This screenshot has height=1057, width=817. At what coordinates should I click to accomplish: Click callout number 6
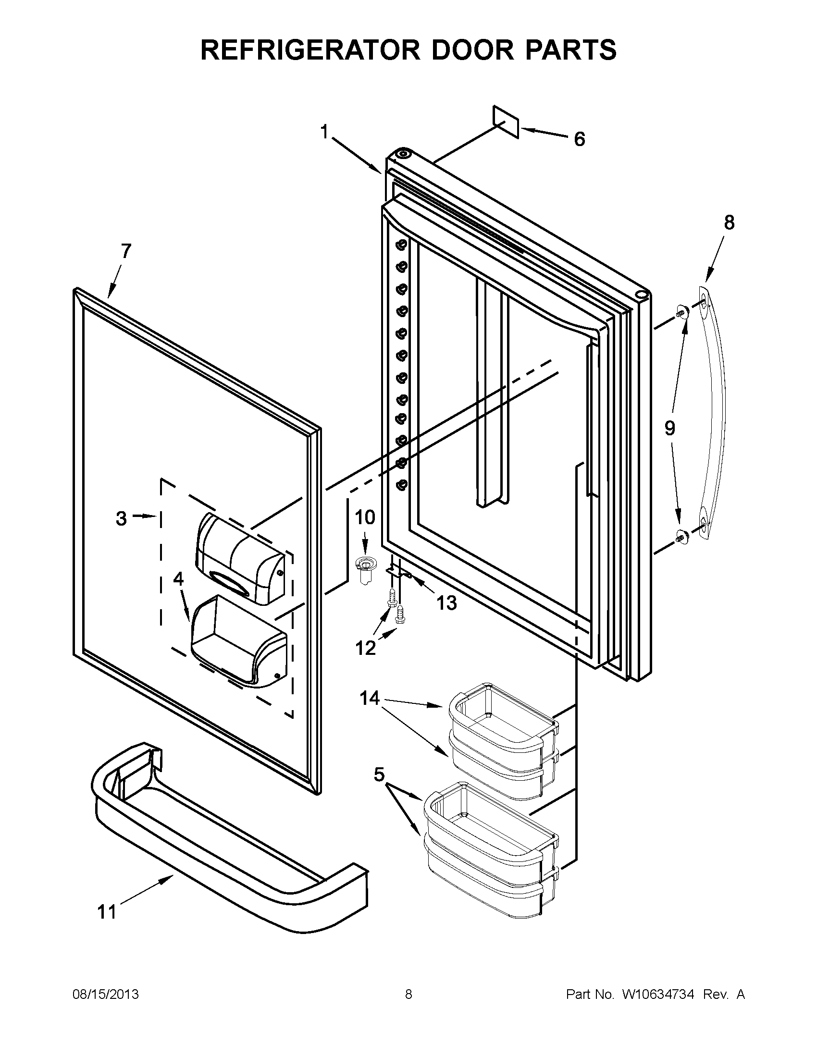coord(580,139)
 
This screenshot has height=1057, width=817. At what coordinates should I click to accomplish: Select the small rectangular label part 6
coord(506,122)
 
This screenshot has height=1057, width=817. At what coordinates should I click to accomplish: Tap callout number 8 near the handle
coord(729,222)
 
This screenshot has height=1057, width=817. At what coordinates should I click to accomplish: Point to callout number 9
coord(669,428)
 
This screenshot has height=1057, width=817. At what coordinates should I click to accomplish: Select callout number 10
coord(365,517)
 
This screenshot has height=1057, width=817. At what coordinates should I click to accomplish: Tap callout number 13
coord(446,603)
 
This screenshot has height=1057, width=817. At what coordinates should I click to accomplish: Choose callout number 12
coord(365,648)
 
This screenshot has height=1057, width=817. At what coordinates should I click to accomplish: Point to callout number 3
coord(121,518)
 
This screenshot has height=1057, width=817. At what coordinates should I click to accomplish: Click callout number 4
coord(179,579)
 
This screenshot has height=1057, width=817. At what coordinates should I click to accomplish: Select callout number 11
coord(107,912)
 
